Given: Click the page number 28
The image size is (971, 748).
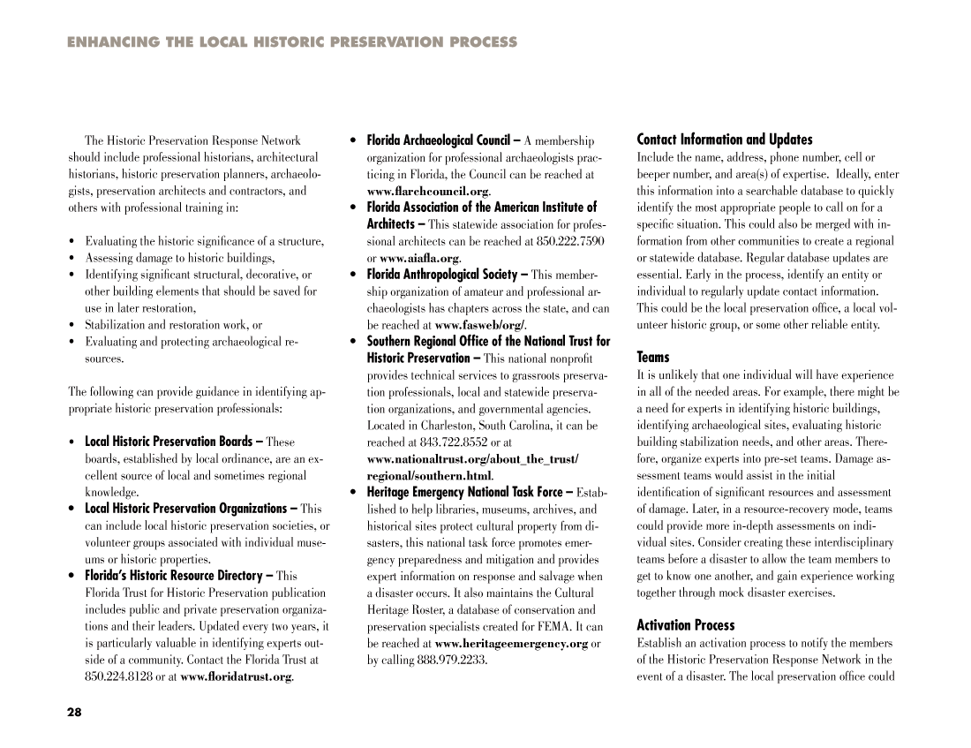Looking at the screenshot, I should [74, 713].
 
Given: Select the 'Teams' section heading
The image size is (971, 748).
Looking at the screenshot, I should [653, 358].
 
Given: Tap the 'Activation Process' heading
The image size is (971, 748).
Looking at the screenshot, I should [685, 625].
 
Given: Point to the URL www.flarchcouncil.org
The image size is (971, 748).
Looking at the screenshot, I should [428, 192].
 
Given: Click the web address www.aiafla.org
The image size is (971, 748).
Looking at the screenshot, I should [419, 259].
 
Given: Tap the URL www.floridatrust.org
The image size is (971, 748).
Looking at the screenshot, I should [236, 677].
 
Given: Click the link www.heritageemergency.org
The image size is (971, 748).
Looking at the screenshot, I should [511, 644].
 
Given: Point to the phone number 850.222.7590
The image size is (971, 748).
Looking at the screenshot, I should [570, 241].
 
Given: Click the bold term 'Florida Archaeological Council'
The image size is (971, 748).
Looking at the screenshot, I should [439, 140].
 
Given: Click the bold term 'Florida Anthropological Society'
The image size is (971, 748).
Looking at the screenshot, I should [442, 275].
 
